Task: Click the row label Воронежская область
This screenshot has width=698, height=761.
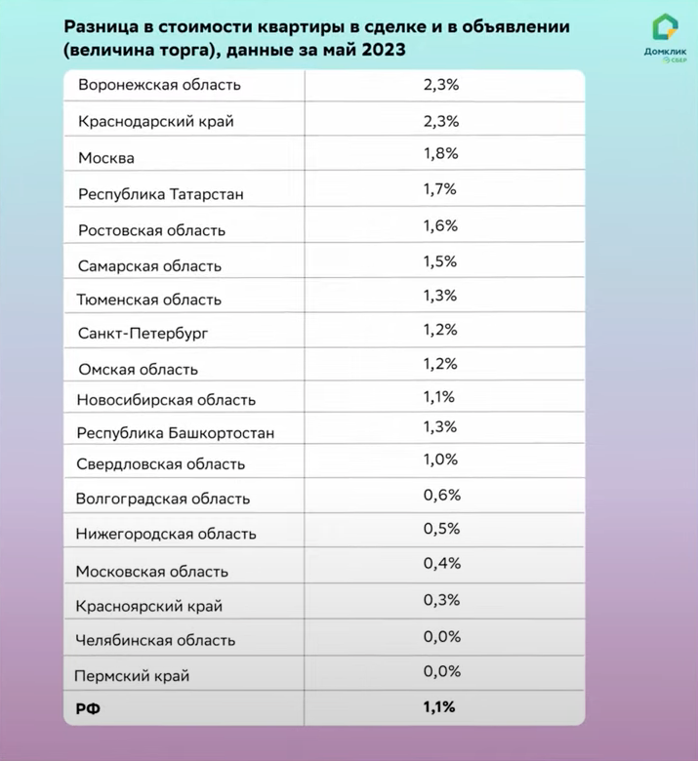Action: (159, 85)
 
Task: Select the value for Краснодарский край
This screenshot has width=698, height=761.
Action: (441, 121)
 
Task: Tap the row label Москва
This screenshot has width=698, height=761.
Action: (106, 158)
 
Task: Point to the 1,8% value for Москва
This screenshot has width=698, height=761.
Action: (441, 153)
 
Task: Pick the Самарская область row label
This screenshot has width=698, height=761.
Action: (150, 265)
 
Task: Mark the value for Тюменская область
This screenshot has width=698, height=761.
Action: (441, 295)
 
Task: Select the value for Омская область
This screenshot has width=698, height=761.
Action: (441, 364)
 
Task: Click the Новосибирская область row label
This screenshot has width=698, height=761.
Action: (167, 400)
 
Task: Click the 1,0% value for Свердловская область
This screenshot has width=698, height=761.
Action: (441, 460)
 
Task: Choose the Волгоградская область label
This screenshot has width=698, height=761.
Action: (163, 499)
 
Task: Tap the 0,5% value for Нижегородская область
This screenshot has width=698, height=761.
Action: (441, 529)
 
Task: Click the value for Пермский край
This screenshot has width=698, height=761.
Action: (441, 670)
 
